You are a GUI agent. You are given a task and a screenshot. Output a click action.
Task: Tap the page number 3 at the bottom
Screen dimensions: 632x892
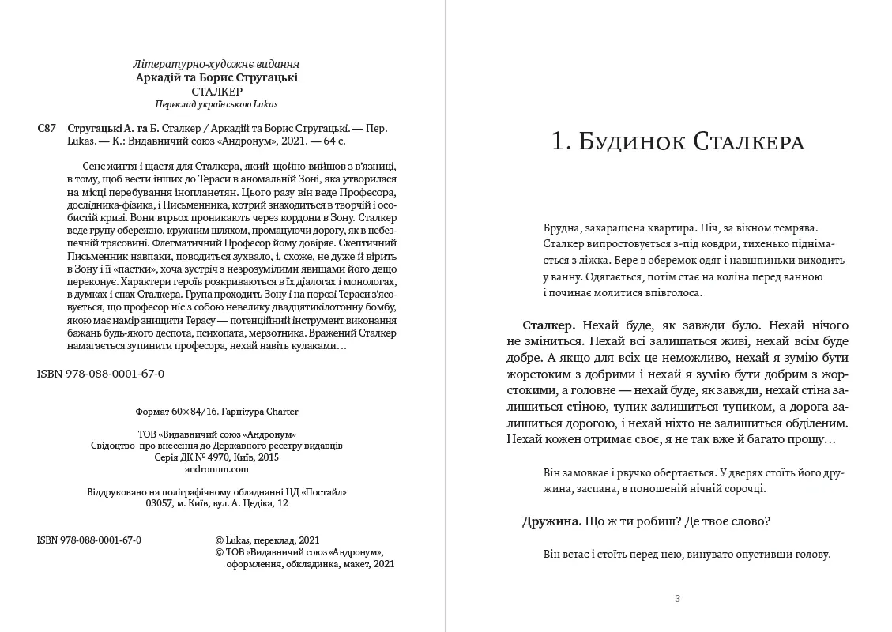click(x=677, y=598)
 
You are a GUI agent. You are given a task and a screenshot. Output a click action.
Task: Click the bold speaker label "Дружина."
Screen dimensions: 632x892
click(x=551, y=521)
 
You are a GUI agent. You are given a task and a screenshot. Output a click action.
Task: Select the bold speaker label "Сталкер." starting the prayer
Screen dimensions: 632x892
click(x=548, y=325)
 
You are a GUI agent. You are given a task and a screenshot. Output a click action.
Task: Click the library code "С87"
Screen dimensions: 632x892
click(x=47, y=128)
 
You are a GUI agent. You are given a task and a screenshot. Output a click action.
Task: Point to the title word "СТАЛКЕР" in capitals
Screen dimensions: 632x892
click(x=217, y=91)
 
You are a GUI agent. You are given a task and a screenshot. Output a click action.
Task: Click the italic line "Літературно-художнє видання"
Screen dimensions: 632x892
click(x=217, y=64)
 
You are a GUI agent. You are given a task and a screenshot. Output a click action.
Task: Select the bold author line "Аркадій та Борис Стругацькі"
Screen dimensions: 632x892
click(x=217, y=77)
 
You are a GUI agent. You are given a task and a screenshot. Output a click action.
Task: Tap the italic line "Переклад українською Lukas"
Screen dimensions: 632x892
click(x=217, y=103)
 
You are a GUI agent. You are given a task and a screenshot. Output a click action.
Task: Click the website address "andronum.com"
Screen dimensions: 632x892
click(x=217, y=468)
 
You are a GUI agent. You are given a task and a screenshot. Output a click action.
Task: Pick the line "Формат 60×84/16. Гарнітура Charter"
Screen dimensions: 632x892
click(x=217, y=412)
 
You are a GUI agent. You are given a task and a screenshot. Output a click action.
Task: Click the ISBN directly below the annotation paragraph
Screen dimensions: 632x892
click(x=96, y=372)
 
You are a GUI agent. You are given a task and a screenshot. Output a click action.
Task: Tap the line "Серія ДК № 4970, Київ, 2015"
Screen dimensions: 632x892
click(x=217, y=457)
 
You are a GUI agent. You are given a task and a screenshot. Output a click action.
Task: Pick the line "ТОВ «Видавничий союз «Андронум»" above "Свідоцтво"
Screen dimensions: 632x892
click(x=217, y=434)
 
